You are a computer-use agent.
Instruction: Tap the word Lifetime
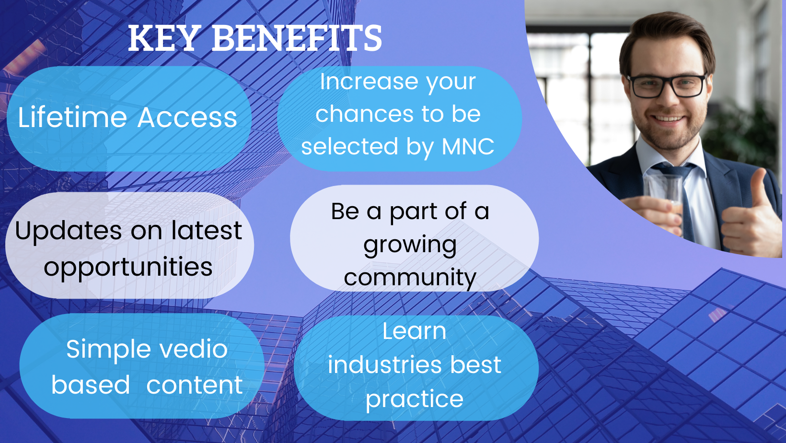[72, 117]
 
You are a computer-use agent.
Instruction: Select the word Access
[187, 117]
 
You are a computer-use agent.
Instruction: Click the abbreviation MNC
[468, 146]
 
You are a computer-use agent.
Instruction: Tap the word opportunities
[128, 268]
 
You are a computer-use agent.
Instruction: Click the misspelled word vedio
[194, 350]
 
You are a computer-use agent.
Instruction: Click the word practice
[415, 399]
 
